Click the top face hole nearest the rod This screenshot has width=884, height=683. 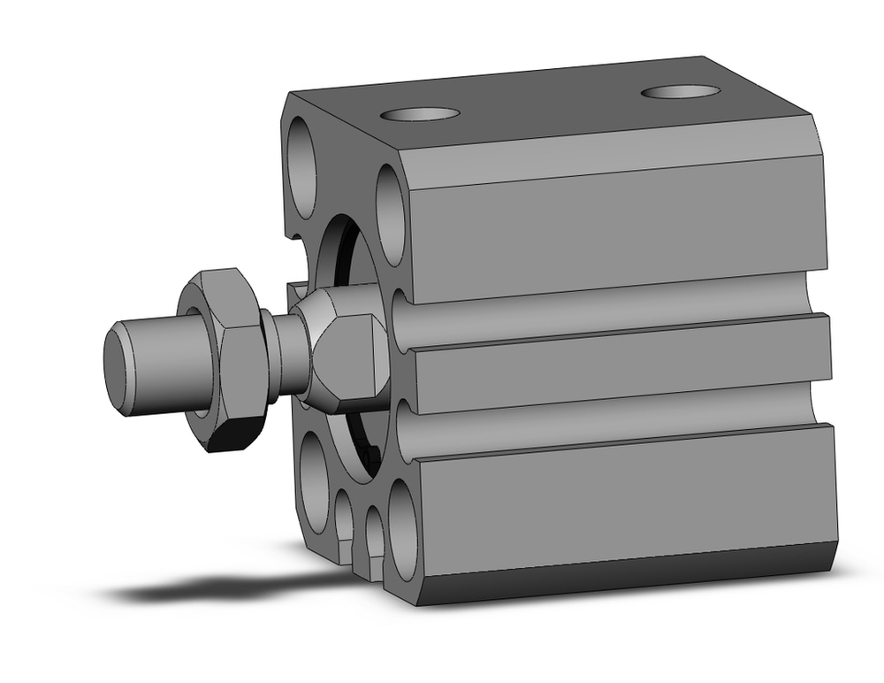tap(420, 114)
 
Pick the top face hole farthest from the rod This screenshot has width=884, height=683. tap(680, 91)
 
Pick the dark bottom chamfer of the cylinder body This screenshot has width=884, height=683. tap(628, 575)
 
